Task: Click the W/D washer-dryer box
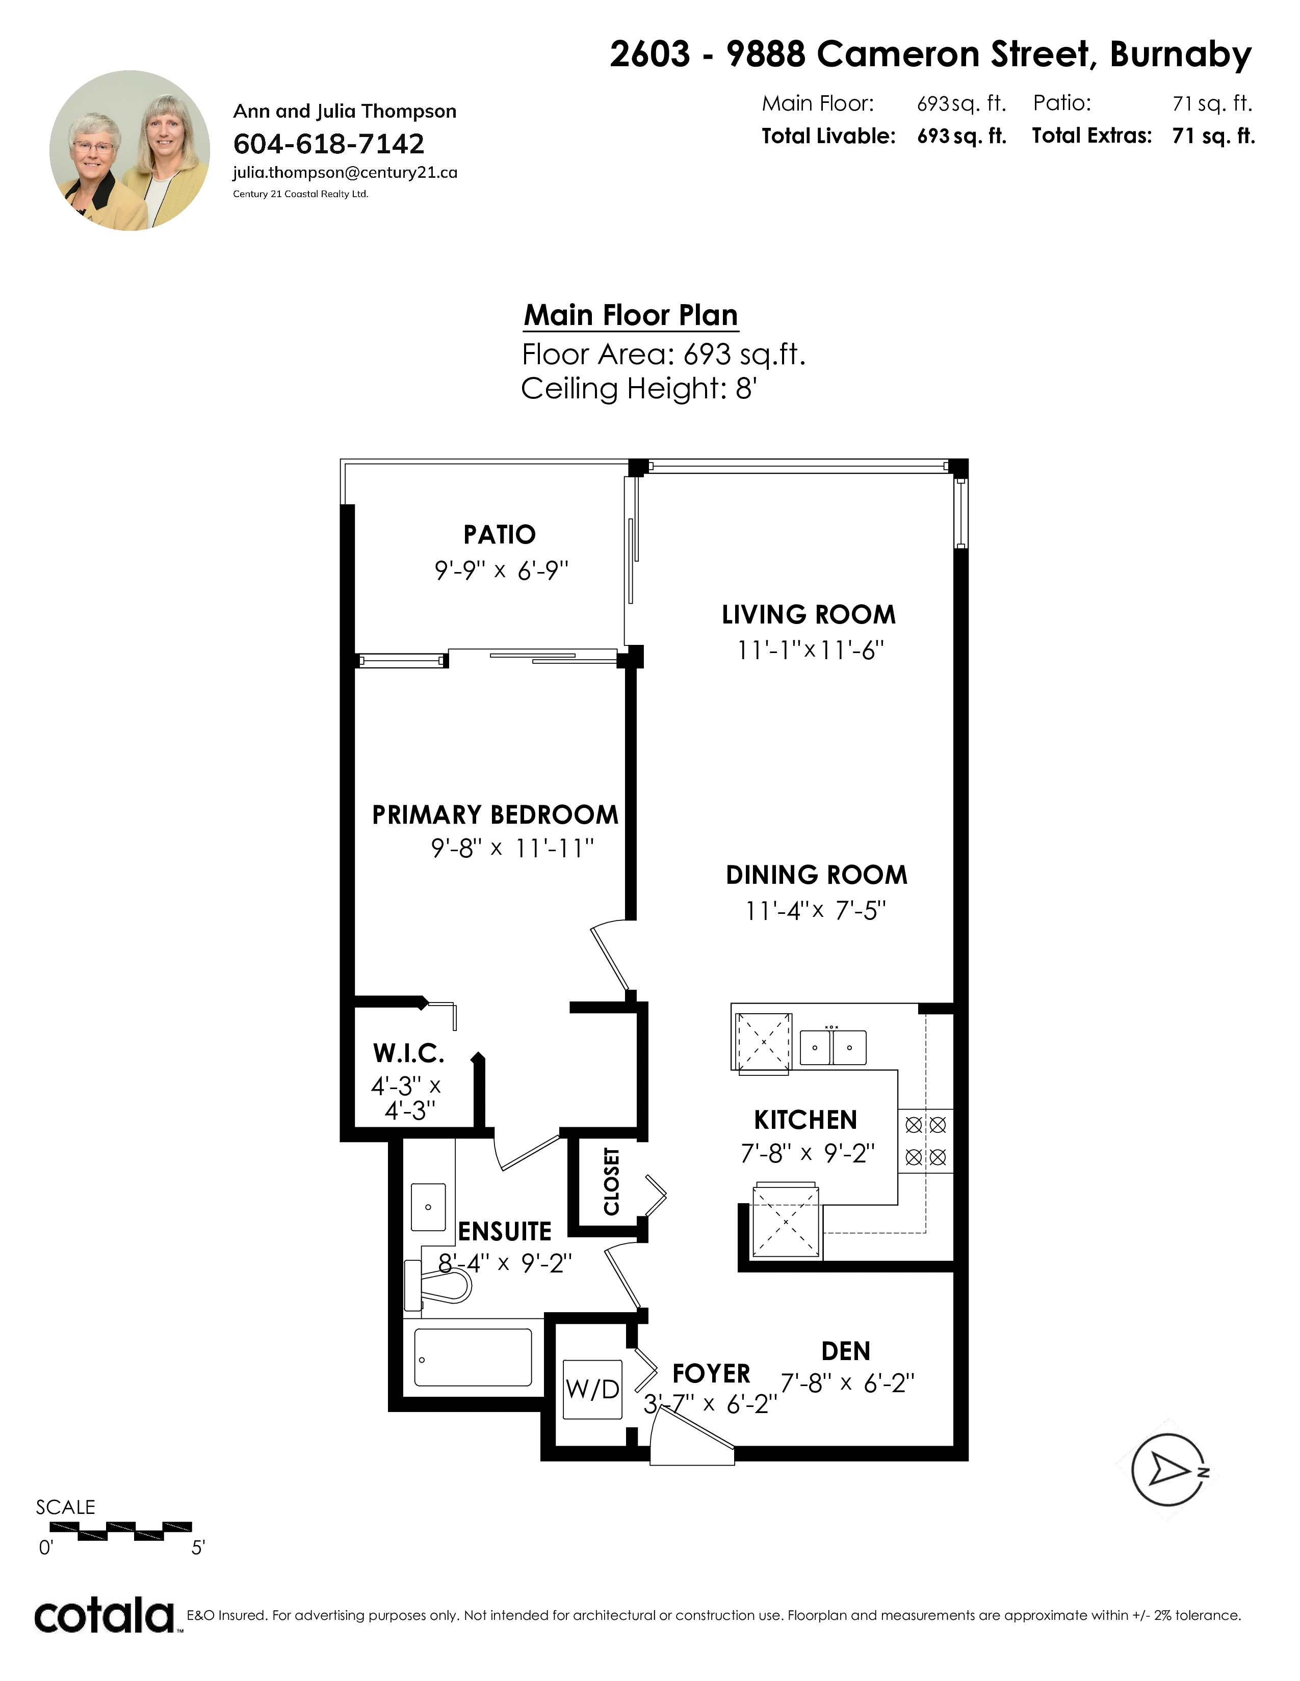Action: [x=592, y=1389]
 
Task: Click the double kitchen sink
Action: [x=833, y=1047]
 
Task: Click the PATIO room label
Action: [x=500, y=534]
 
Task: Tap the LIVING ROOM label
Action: [x=809, y=614]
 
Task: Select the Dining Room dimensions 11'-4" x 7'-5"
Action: [x=816, y=911]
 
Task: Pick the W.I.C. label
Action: [x=408, y=1053]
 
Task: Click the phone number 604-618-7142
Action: [x=329, y=144]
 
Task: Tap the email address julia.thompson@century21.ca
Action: [x=345, y=172]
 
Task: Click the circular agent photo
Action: [x=129, y=151]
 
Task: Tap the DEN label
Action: [x=846, y=1351]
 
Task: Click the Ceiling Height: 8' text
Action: [x=638, y=389]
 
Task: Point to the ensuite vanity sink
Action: [x=428, y=1207]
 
